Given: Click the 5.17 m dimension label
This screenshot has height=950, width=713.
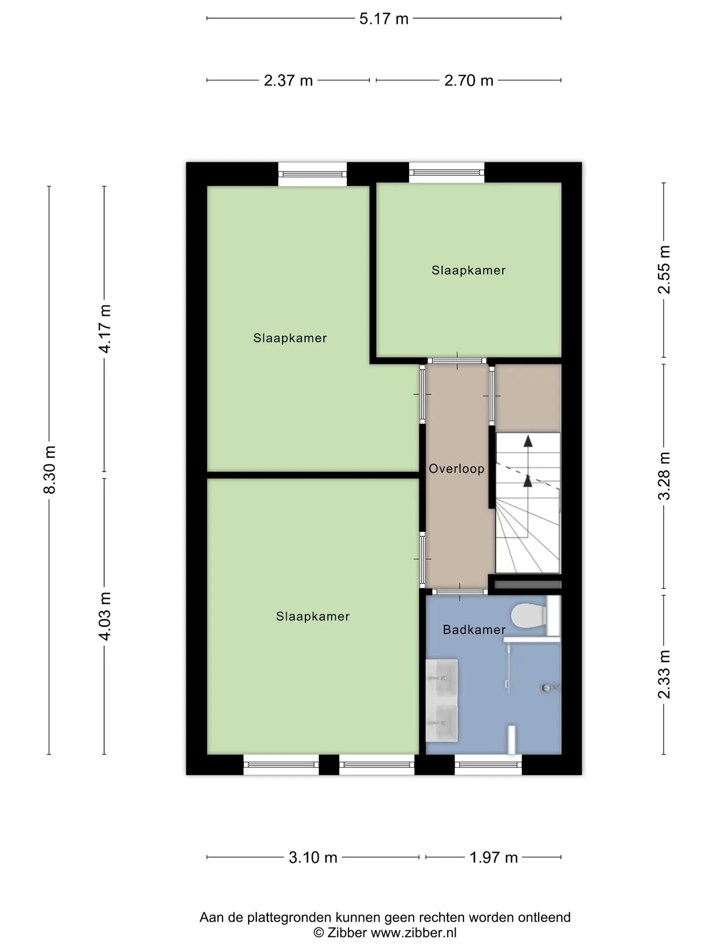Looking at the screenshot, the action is [x=384, y=19].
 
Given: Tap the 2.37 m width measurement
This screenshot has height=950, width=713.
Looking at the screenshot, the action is [x=288, y=80].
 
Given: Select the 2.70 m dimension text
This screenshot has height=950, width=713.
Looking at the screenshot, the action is [x=469, y=80].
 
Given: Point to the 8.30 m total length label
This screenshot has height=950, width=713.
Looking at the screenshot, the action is [x=50, y=470].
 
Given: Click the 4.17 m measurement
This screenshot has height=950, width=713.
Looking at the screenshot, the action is [x=105, y=329].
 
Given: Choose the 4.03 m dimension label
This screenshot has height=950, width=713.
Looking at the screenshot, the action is [x=105, y=616].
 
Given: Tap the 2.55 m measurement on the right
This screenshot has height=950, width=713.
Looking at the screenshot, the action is [x=664, y=270].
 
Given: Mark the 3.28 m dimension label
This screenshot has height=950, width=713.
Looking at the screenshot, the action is [x=664, y=476].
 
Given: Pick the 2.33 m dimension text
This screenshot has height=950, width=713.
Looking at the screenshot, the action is [x=664, y=674].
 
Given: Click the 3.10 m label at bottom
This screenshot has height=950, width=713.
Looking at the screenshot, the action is [x=313, y=857].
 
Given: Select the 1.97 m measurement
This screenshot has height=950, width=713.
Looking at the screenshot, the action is [x=494, y=857].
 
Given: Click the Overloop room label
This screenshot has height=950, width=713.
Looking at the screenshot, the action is [x=457, y=469].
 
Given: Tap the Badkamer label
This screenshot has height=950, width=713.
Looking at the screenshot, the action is [x=474, y=629].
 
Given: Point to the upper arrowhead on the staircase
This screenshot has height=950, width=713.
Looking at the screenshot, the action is [x=528, y=441].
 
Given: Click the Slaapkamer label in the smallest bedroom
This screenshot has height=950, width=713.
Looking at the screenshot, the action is [x=468, y=270].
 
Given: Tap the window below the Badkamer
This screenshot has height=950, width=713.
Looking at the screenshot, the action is [x=488, y=764].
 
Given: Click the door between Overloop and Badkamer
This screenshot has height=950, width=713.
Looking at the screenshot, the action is [x=459, y=592].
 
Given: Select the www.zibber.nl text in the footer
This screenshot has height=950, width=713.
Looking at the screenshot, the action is [x=413, y=933].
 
